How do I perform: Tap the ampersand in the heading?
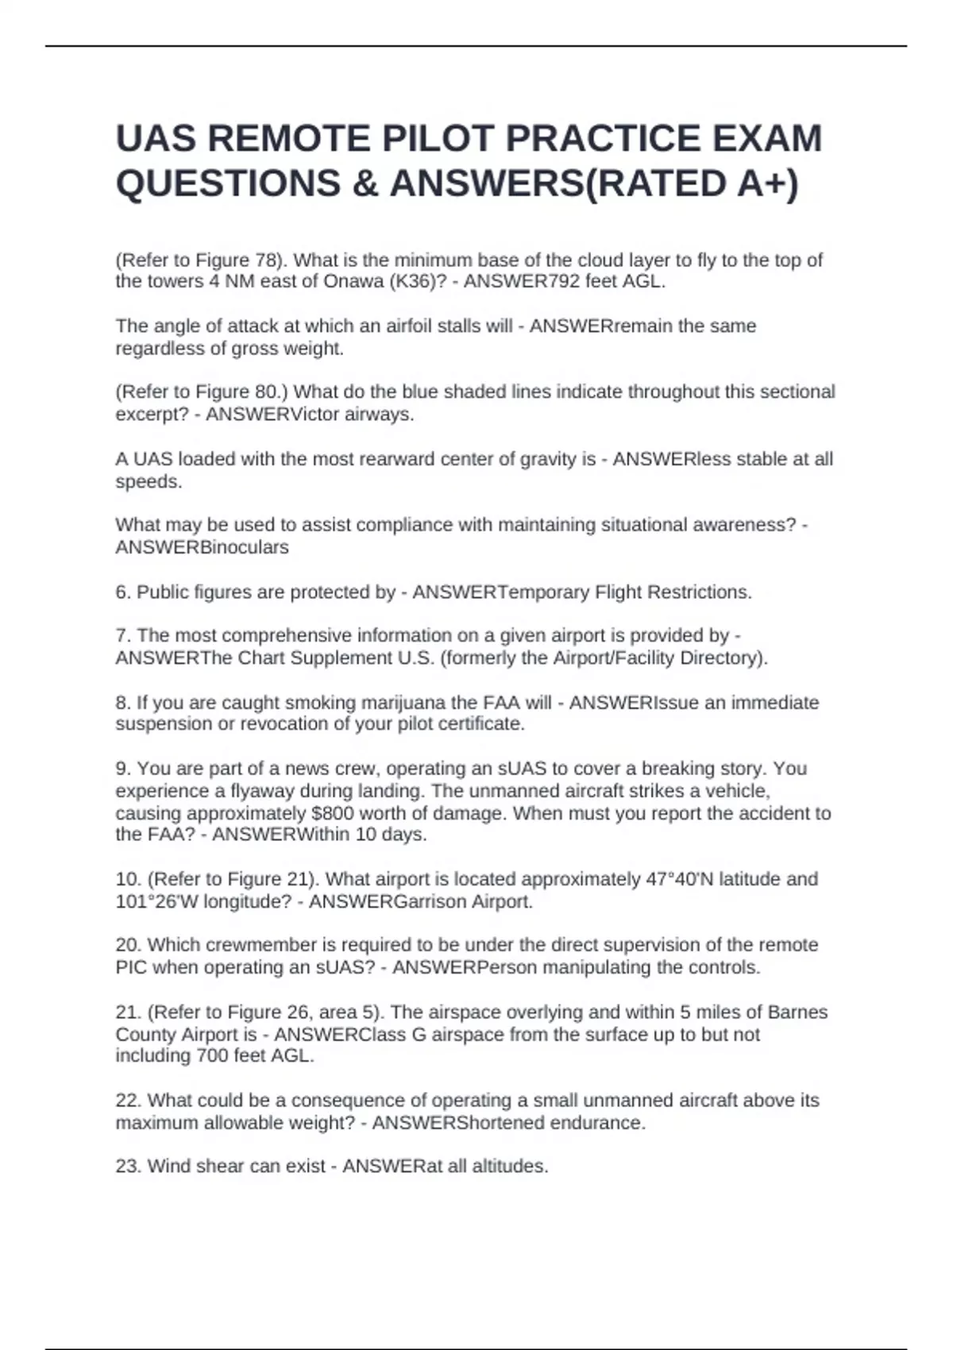(363, 183)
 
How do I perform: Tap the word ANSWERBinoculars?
(202, 547)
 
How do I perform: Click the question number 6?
(123, 592)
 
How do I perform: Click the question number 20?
(128, 946)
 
